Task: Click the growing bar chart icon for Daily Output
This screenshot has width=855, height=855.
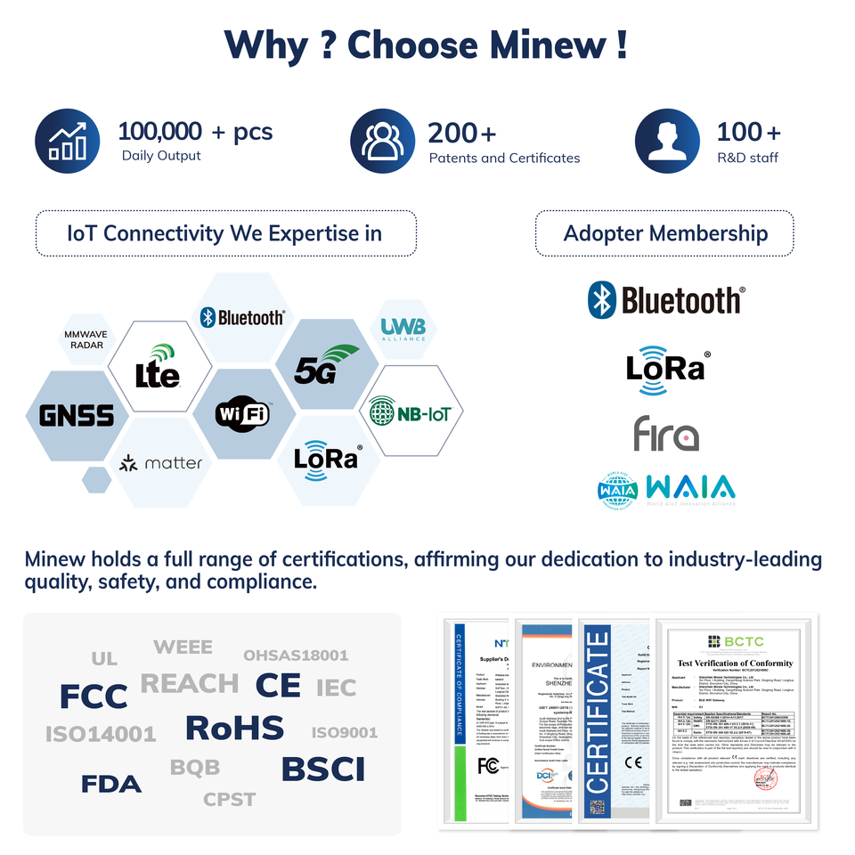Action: pyautogui.click(x=68, y=140)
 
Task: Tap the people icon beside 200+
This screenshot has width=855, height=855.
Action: pyautogui.click(x=382, y=141)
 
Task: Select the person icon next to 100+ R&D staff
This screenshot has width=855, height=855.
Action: pyautogui.click(x=667, y=141)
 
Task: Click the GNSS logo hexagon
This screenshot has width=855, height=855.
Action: pyautogui.click(x=77, y=415)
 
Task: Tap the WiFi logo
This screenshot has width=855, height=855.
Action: pyautogui.click(x=242, y=414)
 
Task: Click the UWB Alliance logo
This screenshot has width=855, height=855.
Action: pyautogui.click(x=403, y=330)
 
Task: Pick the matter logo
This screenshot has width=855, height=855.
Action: pyautogui.click(x=162, y=463)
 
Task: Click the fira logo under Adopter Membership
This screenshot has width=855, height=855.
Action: pyautogui.click(x=665, y=434)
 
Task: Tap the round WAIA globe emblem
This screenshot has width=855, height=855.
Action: pyautogui.click(x=618, y=491)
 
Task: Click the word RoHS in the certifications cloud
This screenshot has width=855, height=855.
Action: pyautogui.click(x=234, y=728)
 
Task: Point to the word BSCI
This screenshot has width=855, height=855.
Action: pyautogui.click(x=323, y=769)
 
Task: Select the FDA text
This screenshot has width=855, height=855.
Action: pyautogui.click(x=111, y=784)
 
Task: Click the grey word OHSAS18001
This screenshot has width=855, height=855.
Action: pyautogui.click(x=296, y=655)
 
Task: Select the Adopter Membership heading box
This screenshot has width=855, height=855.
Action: pyautogui.click(x=664, y=233)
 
